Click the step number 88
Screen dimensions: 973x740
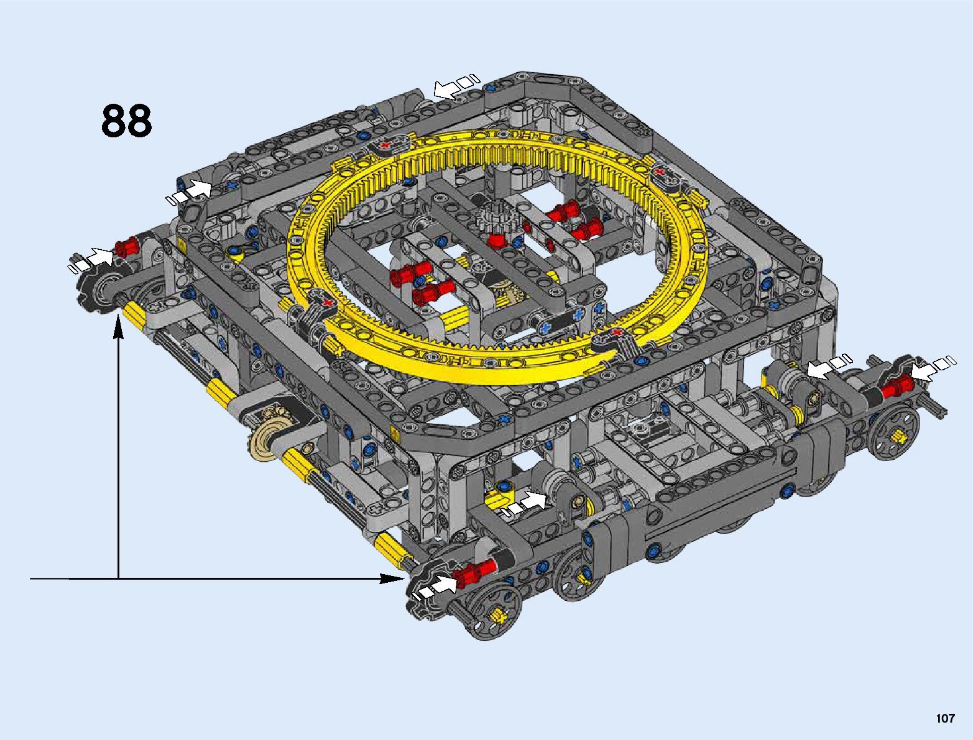pos(127,121)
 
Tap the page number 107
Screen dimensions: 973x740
pos(945,718)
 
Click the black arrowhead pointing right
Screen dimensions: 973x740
pos(393,578)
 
